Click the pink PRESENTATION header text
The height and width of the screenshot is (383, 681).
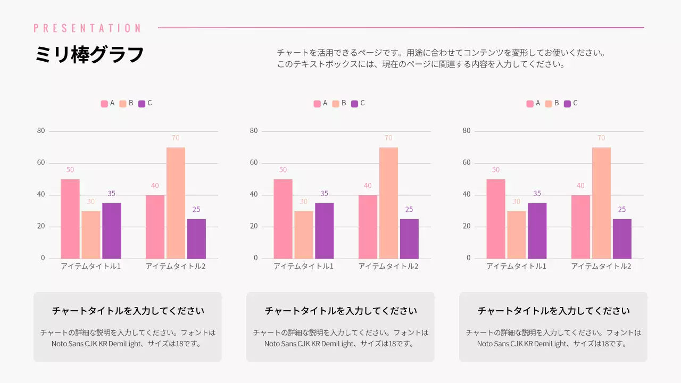[x=87, y=28]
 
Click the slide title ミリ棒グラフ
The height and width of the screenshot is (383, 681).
[x=89, y=55]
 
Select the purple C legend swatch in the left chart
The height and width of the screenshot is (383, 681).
[x=142, y=104]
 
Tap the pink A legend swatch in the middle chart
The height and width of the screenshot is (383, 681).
[x=317, y=104]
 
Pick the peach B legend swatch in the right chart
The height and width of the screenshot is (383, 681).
[x=549, y=104]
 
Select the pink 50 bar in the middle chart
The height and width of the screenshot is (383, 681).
[x=283, y=219]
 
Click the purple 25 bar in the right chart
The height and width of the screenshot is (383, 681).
[x=622, y=239]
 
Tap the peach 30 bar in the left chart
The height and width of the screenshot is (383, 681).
[x=90, y=235]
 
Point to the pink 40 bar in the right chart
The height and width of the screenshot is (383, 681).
[x=580, y=227]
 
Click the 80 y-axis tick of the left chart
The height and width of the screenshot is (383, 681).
[x=41, y=131]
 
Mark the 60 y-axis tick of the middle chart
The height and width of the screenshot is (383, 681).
[x=254, y=163]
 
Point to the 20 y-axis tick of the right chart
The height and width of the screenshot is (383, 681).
[x=467, y=227]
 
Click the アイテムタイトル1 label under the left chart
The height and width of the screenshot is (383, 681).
[x=90, y=266]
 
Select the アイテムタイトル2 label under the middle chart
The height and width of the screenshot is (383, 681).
[x=388, y=266]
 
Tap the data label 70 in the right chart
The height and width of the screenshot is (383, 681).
[x=601, y=138]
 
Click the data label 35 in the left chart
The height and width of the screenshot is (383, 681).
[x=111, y=194]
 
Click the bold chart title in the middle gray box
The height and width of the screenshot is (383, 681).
[x=340, y=311]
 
